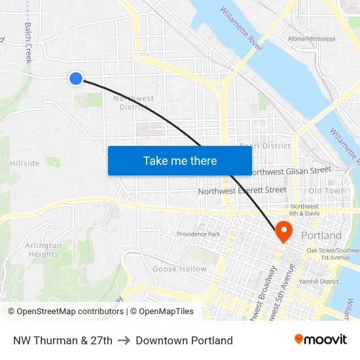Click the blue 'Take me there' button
[x=180, y=160]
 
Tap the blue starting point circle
[x=76, y=79]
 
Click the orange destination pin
[x=284, y=231]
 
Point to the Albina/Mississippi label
[x=312, y=39]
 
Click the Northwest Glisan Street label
[x=290, y=170]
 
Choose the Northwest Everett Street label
[x=242, y=190]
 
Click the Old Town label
[x=327, y=190]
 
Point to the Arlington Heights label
[x=44, y=250]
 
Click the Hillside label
[x=24, y=164]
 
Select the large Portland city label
[x=321, y=235]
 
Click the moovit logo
[x=321, y=339]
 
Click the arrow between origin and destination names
[x=124, y=340]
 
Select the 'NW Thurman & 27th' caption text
[x=63, y=340]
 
